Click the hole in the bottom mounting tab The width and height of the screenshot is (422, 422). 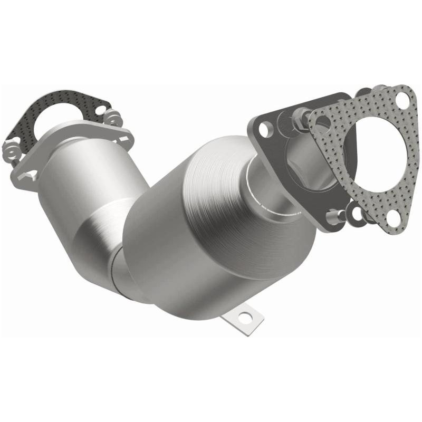point(245,317)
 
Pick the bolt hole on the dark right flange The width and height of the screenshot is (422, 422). point(266,128)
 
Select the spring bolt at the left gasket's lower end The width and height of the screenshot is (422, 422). point(14,151)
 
